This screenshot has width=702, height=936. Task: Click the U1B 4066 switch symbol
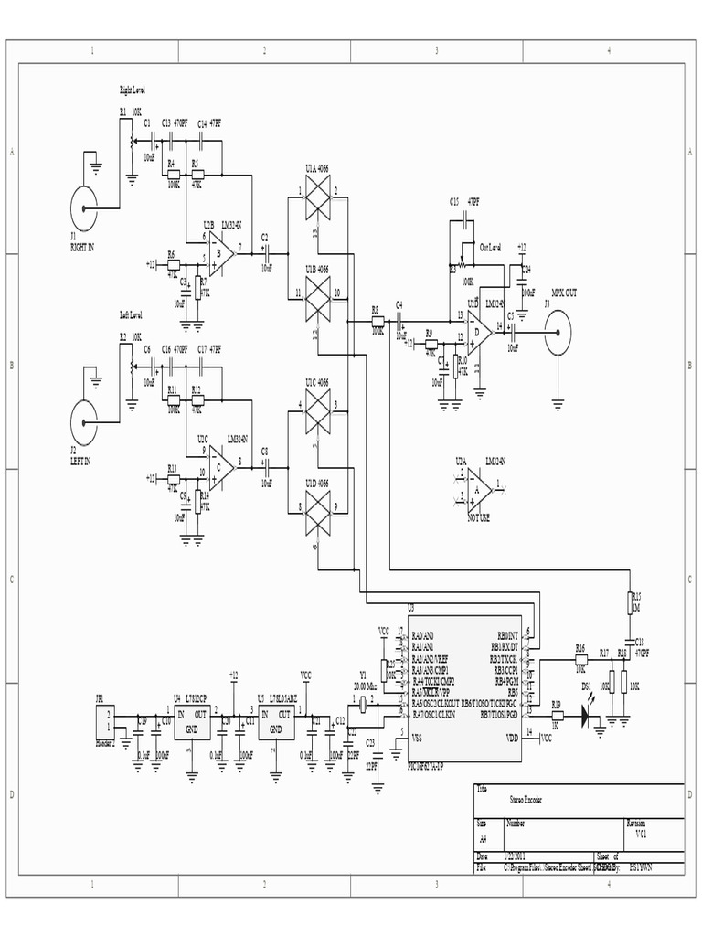coord(317,294)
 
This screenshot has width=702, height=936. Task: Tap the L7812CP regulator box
coord(192,721)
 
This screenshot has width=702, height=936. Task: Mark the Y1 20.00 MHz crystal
coord(364,704)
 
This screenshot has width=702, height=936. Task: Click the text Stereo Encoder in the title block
coord(526,800)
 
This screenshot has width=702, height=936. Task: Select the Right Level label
coord(133,90)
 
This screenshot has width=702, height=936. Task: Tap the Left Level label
coord(132,314)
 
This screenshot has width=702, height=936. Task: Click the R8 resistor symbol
coord(377,320)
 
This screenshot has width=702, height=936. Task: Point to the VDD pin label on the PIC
coord(512,737)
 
